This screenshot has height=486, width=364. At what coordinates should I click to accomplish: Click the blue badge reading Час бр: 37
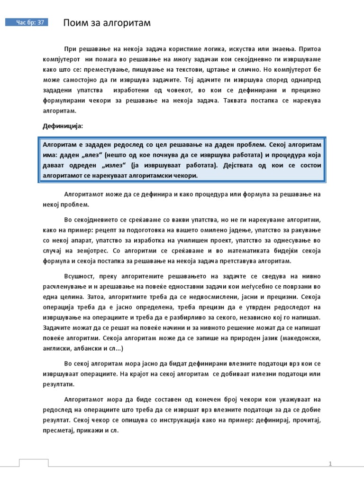pos(27,22)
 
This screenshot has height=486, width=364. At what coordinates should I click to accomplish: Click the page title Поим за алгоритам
pos(107,23)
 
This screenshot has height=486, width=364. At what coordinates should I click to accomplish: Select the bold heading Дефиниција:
pos(63,126)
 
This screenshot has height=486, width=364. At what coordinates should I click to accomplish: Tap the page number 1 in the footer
pos(330,464)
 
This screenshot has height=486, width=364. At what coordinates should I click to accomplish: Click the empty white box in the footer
pos(33,463)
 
